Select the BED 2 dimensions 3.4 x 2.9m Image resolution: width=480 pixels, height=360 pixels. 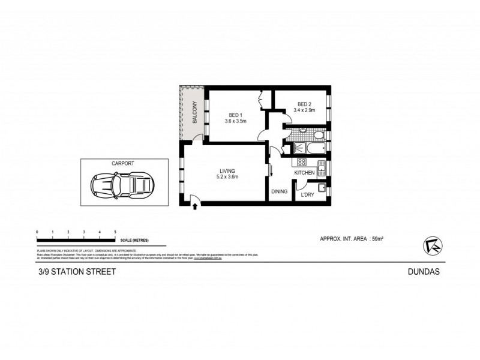pos(305,110)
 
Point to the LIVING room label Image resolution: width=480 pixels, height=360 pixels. pos(226,171)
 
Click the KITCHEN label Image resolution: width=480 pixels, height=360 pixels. pos(304,173)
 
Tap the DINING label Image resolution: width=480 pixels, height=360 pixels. pos(280,192)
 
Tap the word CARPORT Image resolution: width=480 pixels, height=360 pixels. pos(122,163)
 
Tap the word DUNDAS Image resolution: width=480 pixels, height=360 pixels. pos(430,271)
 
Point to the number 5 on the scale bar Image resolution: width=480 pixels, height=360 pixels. pos(115,231)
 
